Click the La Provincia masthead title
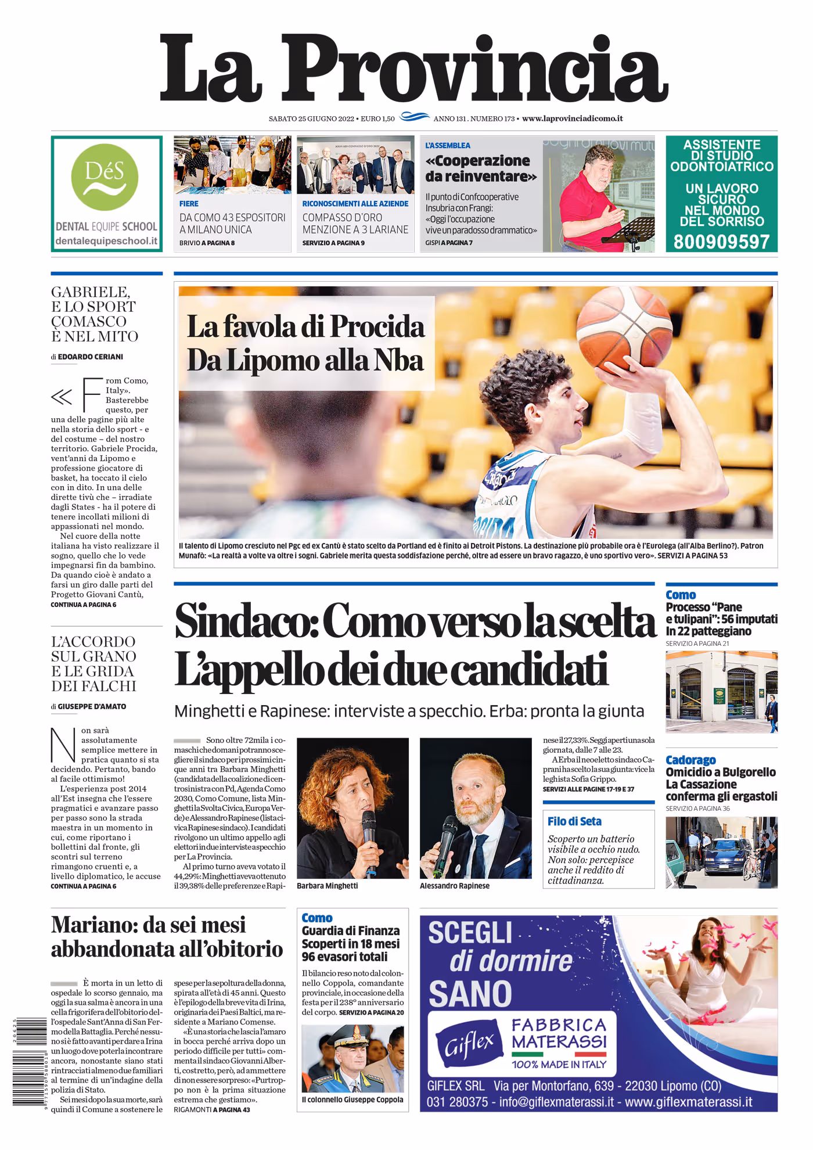click(x=413, y=69)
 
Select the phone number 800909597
click(x=721, y=241)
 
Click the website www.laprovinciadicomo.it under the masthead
click(x=572, y=118)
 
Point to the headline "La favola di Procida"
click(x=305, y=326)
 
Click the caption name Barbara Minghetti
click(x=327, y=886)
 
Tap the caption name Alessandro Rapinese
click(x=454, y=886)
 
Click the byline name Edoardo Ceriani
click(x=90, y=357)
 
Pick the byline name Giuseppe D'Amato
click(x=92, y=706)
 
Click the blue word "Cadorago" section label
click(x=690, y=760)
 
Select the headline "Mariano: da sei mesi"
click(x=148, y=924)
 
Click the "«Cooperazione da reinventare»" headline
click(x=481, y=168)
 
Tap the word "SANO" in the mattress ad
click(x=470, y=993)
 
